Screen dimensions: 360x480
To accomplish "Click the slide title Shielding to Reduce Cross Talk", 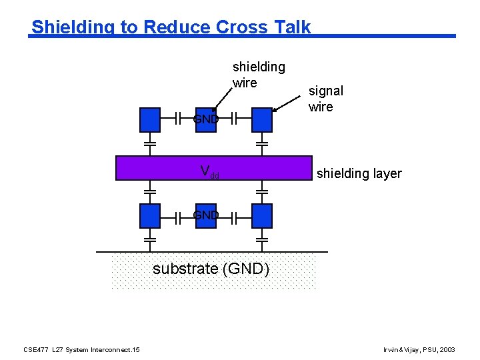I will [x=171, y=27].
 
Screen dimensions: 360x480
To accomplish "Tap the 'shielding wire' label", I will [x=258, y=75].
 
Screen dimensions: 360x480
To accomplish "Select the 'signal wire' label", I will [x=325, y=99].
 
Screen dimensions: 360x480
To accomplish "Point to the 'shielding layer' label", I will [x=359, y=173].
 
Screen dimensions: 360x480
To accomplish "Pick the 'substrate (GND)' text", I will [x=211, y=269].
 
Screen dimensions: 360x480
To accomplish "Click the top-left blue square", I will [x=150, y=120].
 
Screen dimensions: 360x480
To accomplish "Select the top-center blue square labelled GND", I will [x=206, y=120].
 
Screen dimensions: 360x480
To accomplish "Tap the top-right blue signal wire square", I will [x=262, y=120].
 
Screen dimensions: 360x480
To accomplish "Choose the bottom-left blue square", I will [x=150, y=216].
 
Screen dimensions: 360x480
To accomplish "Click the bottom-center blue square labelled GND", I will [x=206, y=216].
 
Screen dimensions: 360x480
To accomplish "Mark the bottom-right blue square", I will [x=262, y=216].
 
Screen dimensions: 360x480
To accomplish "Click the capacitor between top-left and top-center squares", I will [x=178, y=120].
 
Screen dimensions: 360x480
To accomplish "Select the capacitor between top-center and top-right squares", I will [x=234, y=120].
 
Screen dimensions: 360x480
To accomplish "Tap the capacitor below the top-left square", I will [x=150, y=143].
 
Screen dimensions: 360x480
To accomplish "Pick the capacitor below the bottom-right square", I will [x=262, y=238].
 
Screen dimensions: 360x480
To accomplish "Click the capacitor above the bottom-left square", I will [x=150, y=192].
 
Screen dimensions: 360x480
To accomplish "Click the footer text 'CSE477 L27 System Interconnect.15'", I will [x=81, y=349].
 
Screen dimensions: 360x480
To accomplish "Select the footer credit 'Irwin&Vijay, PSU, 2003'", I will [x=419, y=349].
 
